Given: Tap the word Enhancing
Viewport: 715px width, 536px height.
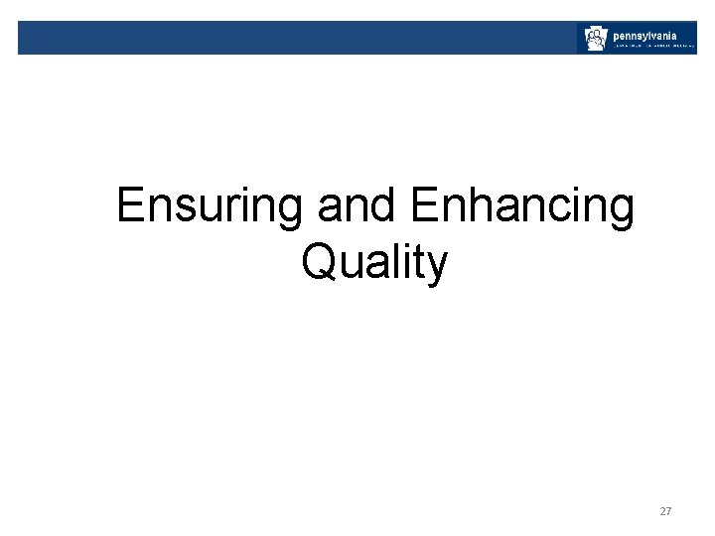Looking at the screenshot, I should (x=521, y=207).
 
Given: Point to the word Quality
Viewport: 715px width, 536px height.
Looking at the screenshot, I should (x=374, y=264).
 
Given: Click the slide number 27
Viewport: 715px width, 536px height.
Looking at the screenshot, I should (x=665, y=511).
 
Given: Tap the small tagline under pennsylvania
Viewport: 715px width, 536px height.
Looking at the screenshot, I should (x=651, y=46).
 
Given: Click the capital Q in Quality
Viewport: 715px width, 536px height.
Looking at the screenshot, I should (x=321, y=263).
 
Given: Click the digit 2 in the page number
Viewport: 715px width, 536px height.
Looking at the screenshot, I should (x=662, y=511).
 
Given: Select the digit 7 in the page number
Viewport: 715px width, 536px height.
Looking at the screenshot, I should (x=669, y=511).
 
